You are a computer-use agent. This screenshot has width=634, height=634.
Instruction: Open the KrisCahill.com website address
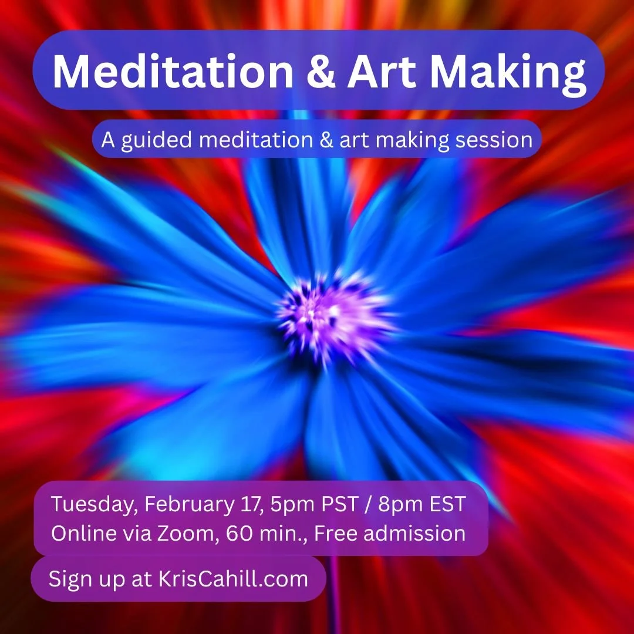point(234,579)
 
